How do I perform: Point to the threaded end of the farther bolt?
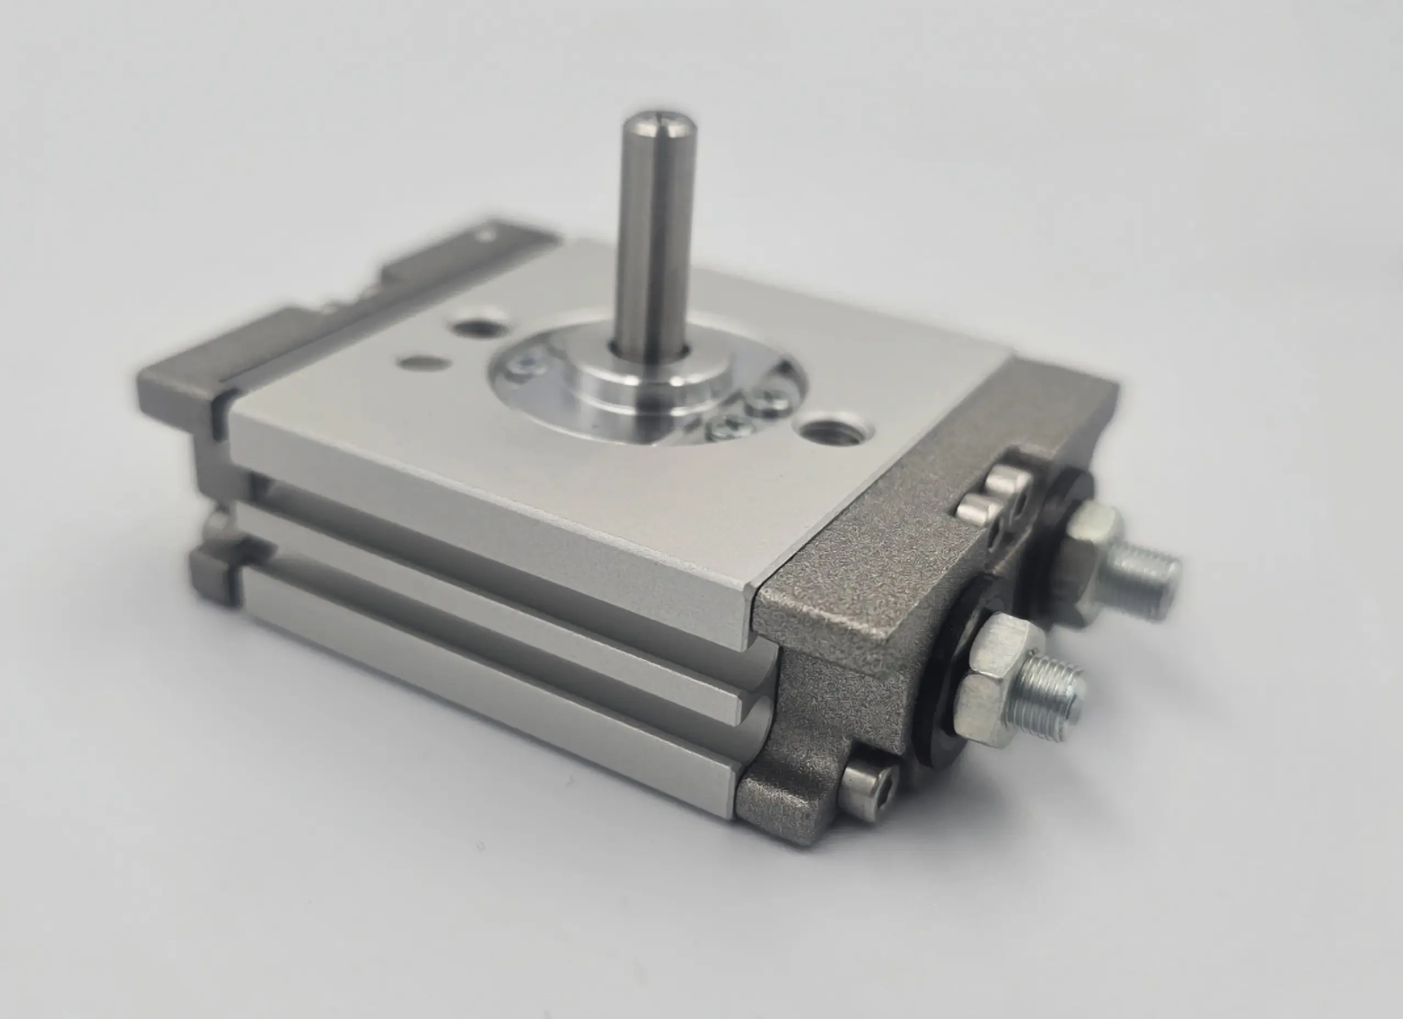[x=1148, y=578]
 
